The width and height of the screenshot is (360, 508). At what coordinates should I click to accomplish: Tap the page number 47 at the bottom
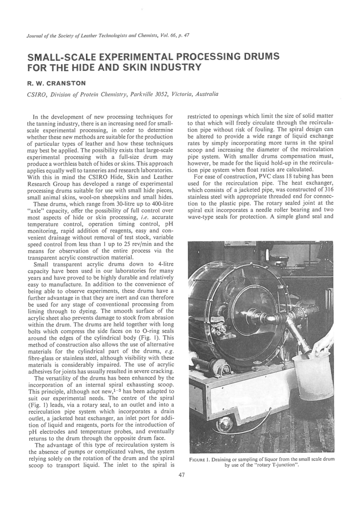pyautogui.click(x=181, y=475)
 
